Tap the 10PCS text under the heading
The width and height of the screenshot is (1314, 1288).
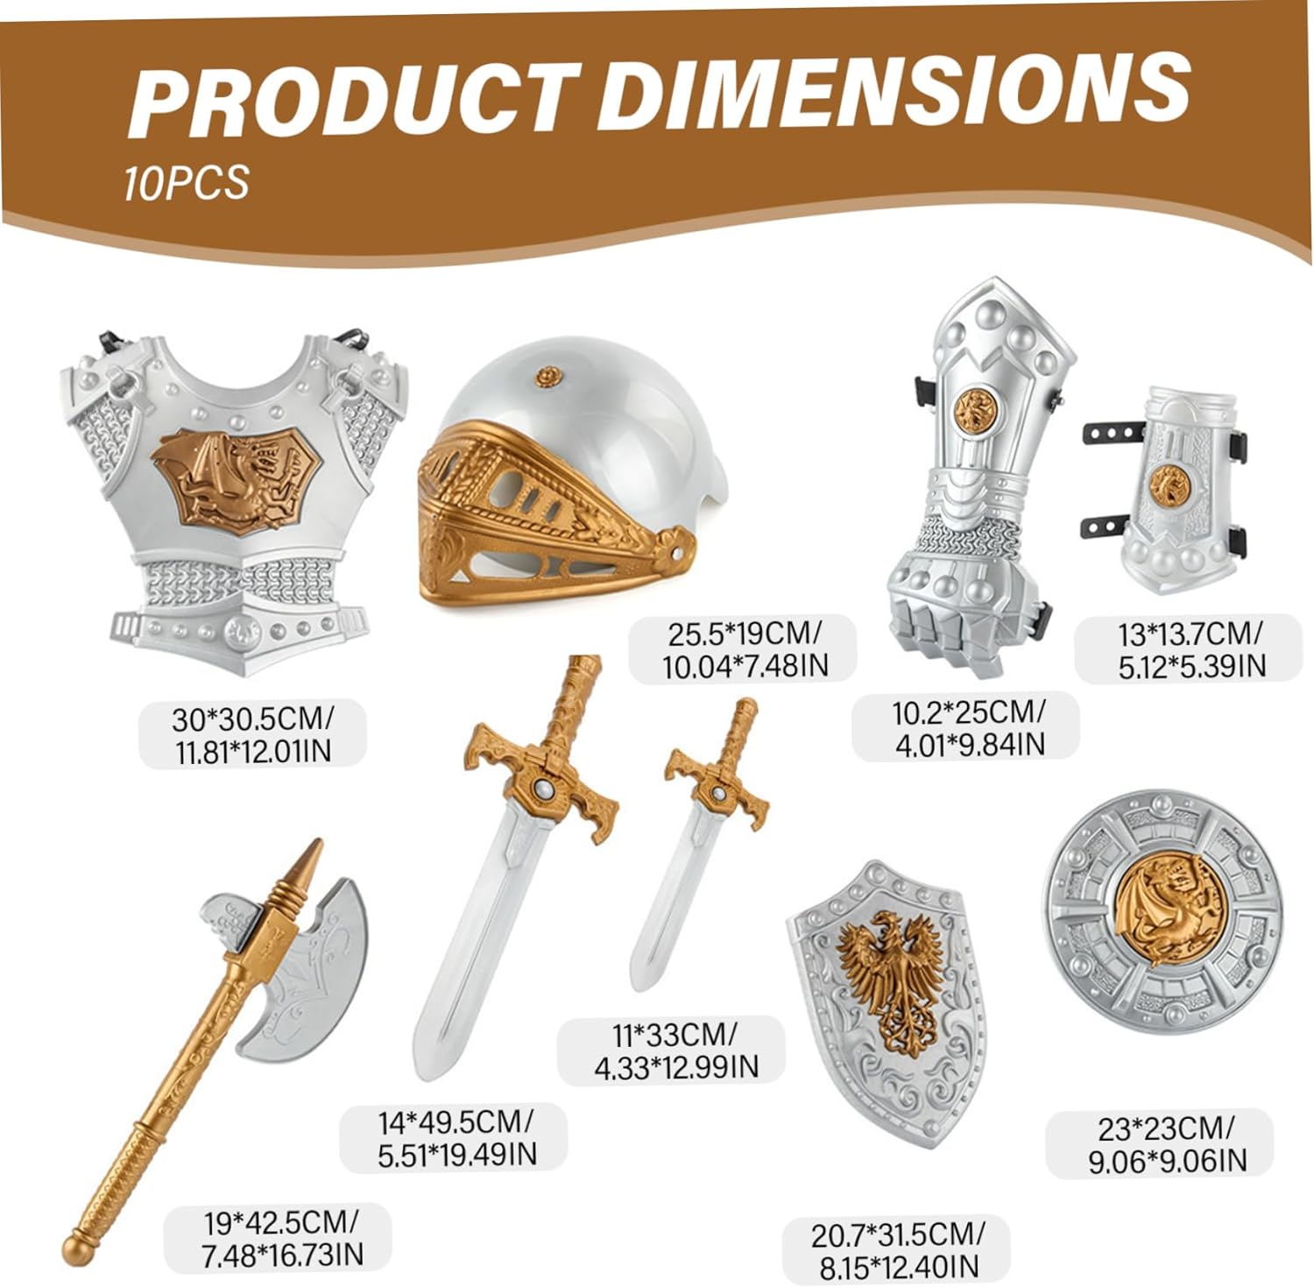[187, 182]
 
